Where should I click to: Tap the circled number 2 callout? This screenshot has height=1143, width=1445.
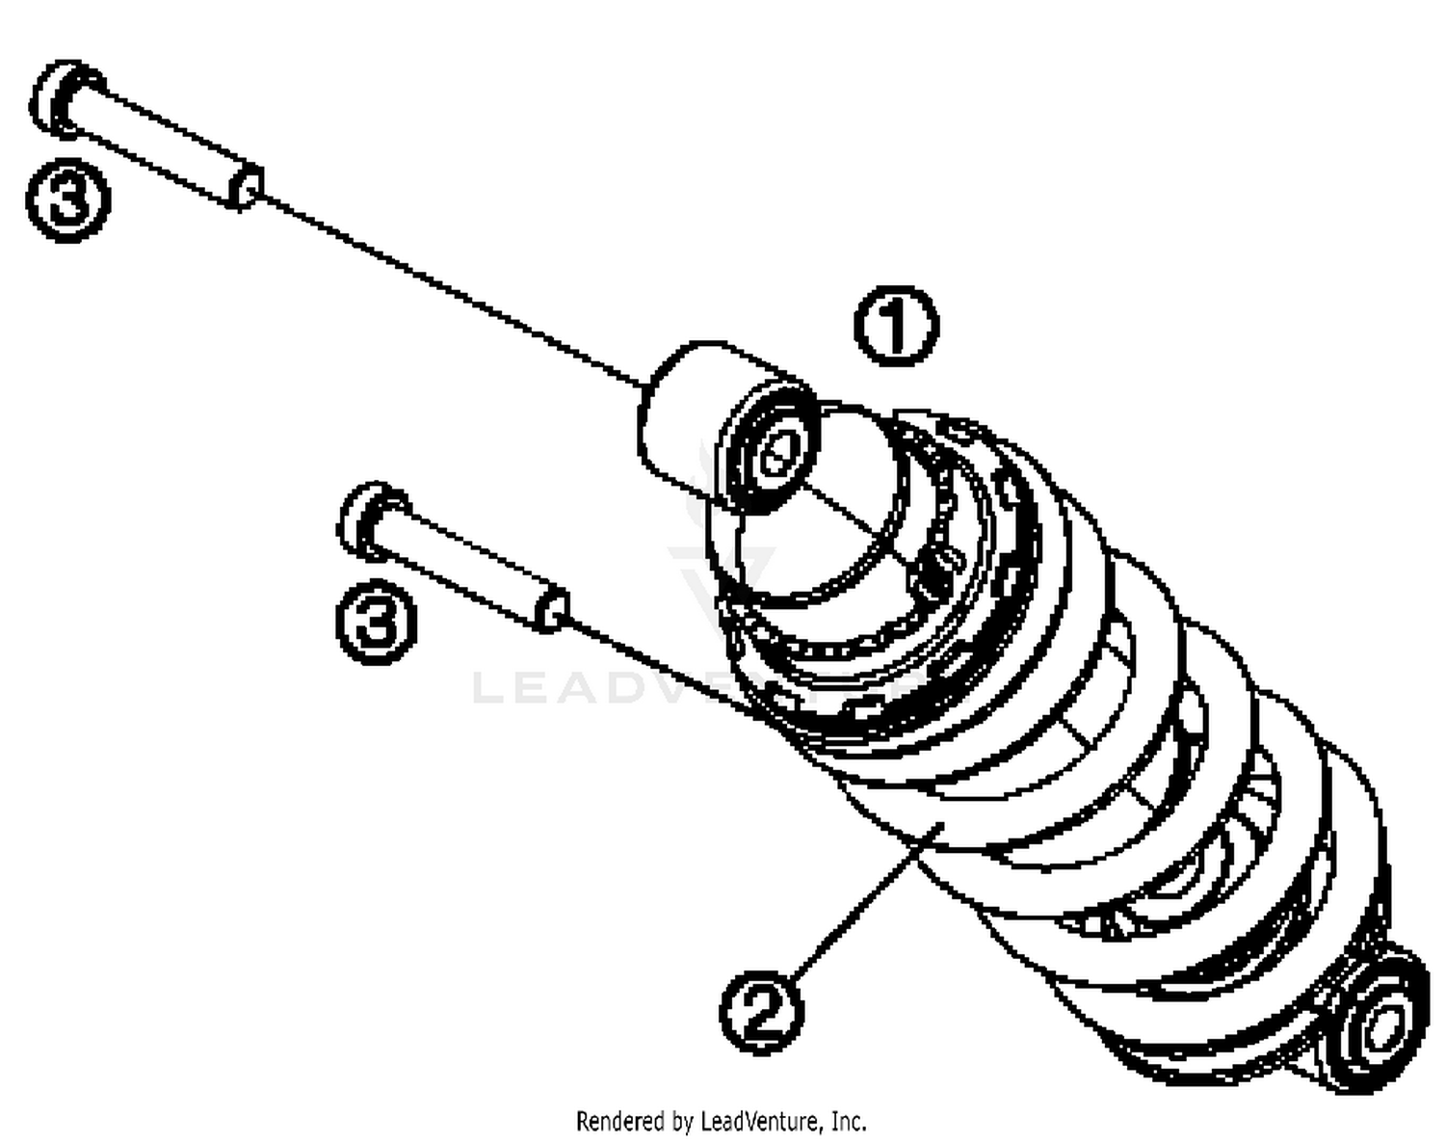(x=762, y=1012)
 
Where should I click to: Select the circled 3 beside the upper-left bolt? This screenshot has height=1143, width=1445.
(x=68, y=199)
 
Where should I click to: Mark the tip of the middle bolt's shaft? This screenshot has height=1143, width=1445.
(x=553, y=611)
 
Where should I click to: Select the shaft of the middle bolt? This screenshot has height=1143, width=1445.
(x=462, y=568)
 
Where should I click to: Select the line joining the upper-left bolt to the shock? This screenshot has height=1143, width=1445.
(x=453, y=289)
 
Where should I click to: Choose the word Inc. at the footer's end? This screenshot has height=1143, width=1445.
(x=848, y=1122)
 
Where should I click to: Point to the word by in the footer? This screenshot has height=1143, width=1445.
(x=682, y=1122)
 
